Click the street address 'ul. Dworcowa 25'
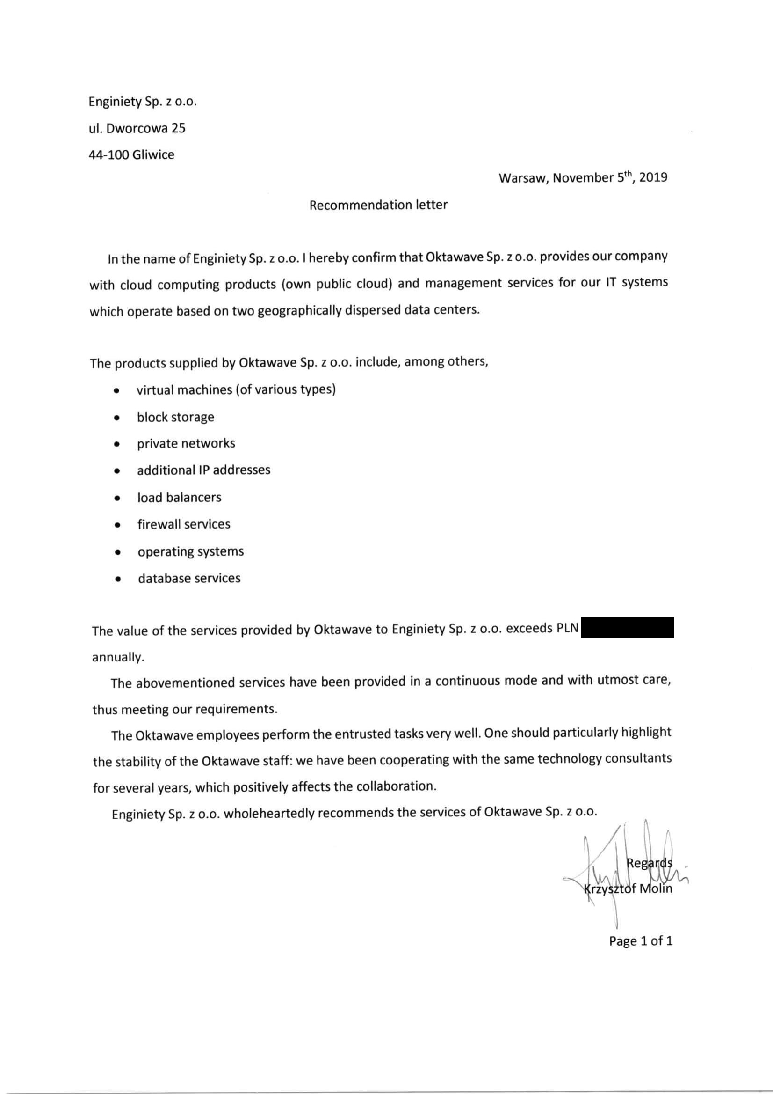point(137,128)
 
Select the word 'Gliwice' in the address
point(154,155)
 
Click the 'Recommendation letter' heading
point(378,205)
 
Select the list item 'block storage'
point(176,417)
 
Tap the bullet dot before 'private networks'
point(116,445)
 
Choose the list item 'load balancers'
point(180,498)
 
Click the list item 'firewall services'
point(184,524)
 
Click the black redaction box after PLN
point(628,628)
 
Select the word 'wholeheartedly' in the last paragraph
point(268,813)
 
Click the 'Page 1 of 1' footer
point(641,941)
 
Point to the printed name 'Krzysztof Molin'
point(628,888)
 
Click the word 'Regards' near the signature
point(649,863)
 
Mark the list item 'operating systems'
point(191,551)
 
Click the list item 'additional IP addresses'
point(204,470)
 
